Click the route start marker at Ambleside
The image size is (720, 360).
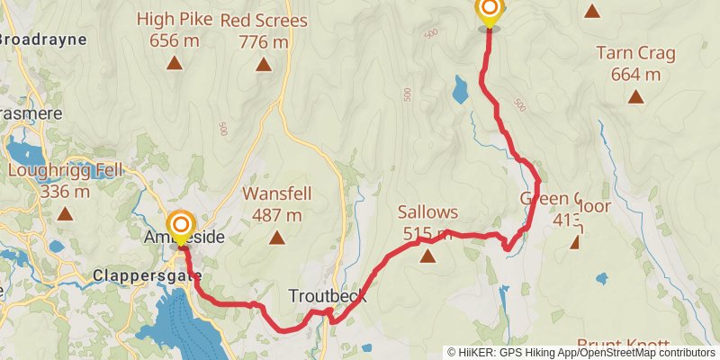[180, 225]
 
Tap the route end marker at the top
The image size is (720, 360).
[489, 11]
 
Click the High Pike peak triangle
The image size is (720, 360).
[174, 64]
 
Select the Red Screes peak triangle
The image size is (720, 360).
[263, 64]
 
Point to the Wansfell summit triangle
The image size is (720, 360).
[276, 238]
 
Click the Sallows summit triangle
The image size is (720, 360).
[428, 256]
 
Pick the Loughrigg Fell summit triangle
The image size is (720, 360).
[65, 214]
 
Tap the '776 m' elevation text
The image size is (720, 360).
[264, 41]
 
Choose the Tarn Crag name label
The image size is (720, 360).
[636, 53]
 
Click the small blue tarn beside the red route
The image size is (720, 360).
[460, 89]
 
